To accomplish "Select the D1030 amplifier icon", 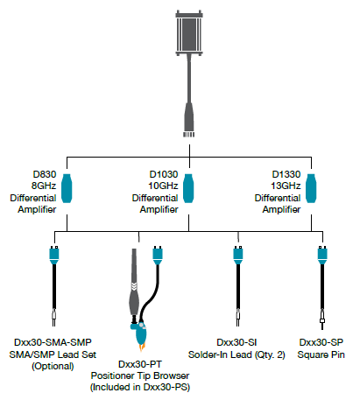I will pyautogui.click(x=188, y=189).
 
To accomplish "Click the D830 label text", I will pyautogui.click(x=43, y=175).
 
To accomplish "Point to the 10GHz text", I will pyautogui.click(x=156, y=186).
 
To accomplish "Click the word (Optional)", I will pyautogui.click(x=53, y=366).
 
